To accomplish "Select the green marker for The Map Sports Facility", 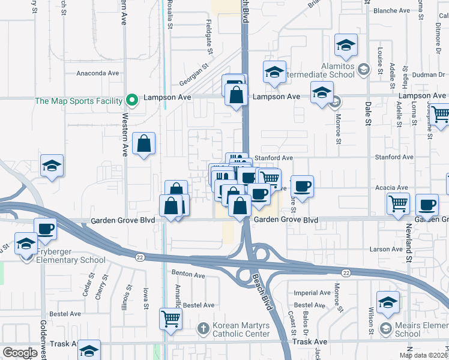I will coord(132,100).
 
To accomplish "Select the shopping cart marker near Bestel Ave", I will coord(170,318).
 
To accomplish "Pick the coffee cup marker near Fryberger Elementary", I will coord(45,228).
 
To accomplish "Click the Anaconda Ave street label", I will coord(98,73).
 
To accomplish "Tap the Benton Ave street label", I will coord(188,276).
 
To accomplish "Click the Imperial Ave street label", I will coord(312,293).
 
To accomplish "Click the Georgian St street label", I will coord(195,78).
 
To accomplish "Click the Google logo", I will coord(20,353).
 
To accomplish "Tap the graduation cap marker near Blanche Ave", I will coord(346,46).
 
